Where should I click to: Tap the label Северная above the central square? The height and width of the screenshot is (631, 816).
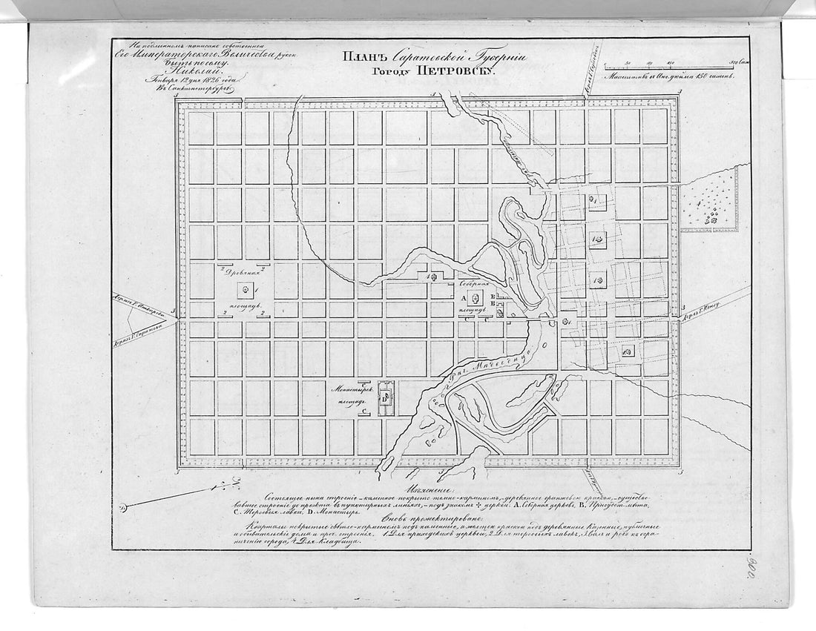(x=475, y=284)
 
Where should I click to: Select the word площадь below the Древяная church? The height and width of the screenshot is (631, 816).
(x=245, y=305)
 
